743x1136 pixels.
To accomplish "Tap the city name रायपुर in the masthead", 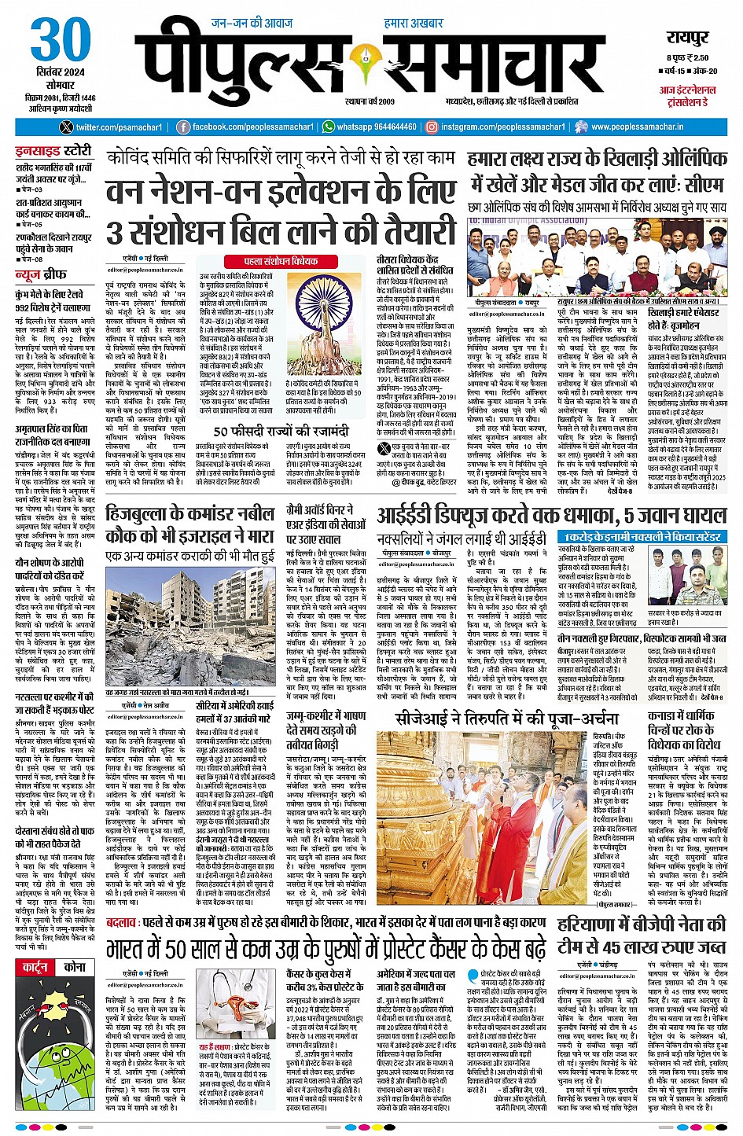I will [687, 39].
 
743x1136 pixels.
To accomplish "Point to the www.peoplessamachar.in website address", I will [637, 127].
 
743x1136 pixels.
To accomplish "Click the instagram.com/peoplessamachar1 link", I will [502, 127].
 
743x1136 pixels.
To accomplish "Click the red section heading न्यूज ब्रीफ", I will [41, 274].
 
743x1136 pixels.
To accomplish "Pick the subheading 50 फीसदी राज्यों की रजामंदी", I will [281, 432].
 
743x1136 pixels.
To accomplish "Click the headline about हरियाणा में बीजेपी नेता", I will [641, 935].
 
